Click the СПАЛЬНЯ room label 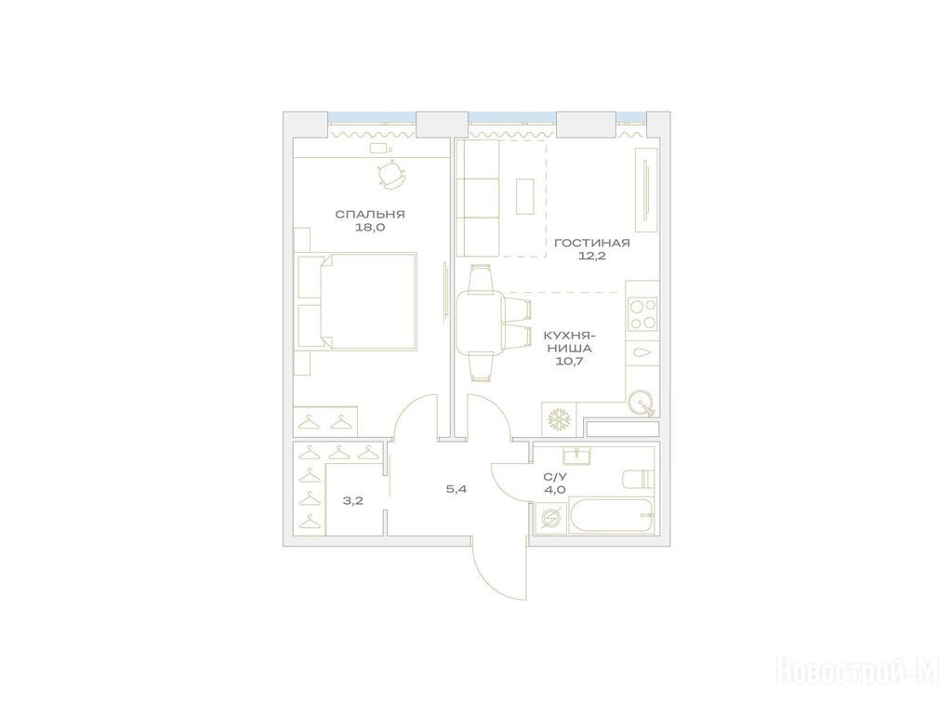[370, 215]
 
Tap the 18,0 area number [370, 229]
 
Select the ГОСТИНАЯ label [592, 243]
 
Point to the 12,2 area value [592, 257]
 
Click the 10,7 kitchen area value [569, 362]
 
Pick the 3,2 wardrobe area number [352, 501]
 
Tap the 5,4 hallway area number [456, 489]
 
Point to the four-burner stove [642, 313]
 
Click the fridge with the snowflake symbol [559, 419]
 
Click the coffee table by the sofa [525, 196]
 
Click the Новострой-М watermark [857, 673]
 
